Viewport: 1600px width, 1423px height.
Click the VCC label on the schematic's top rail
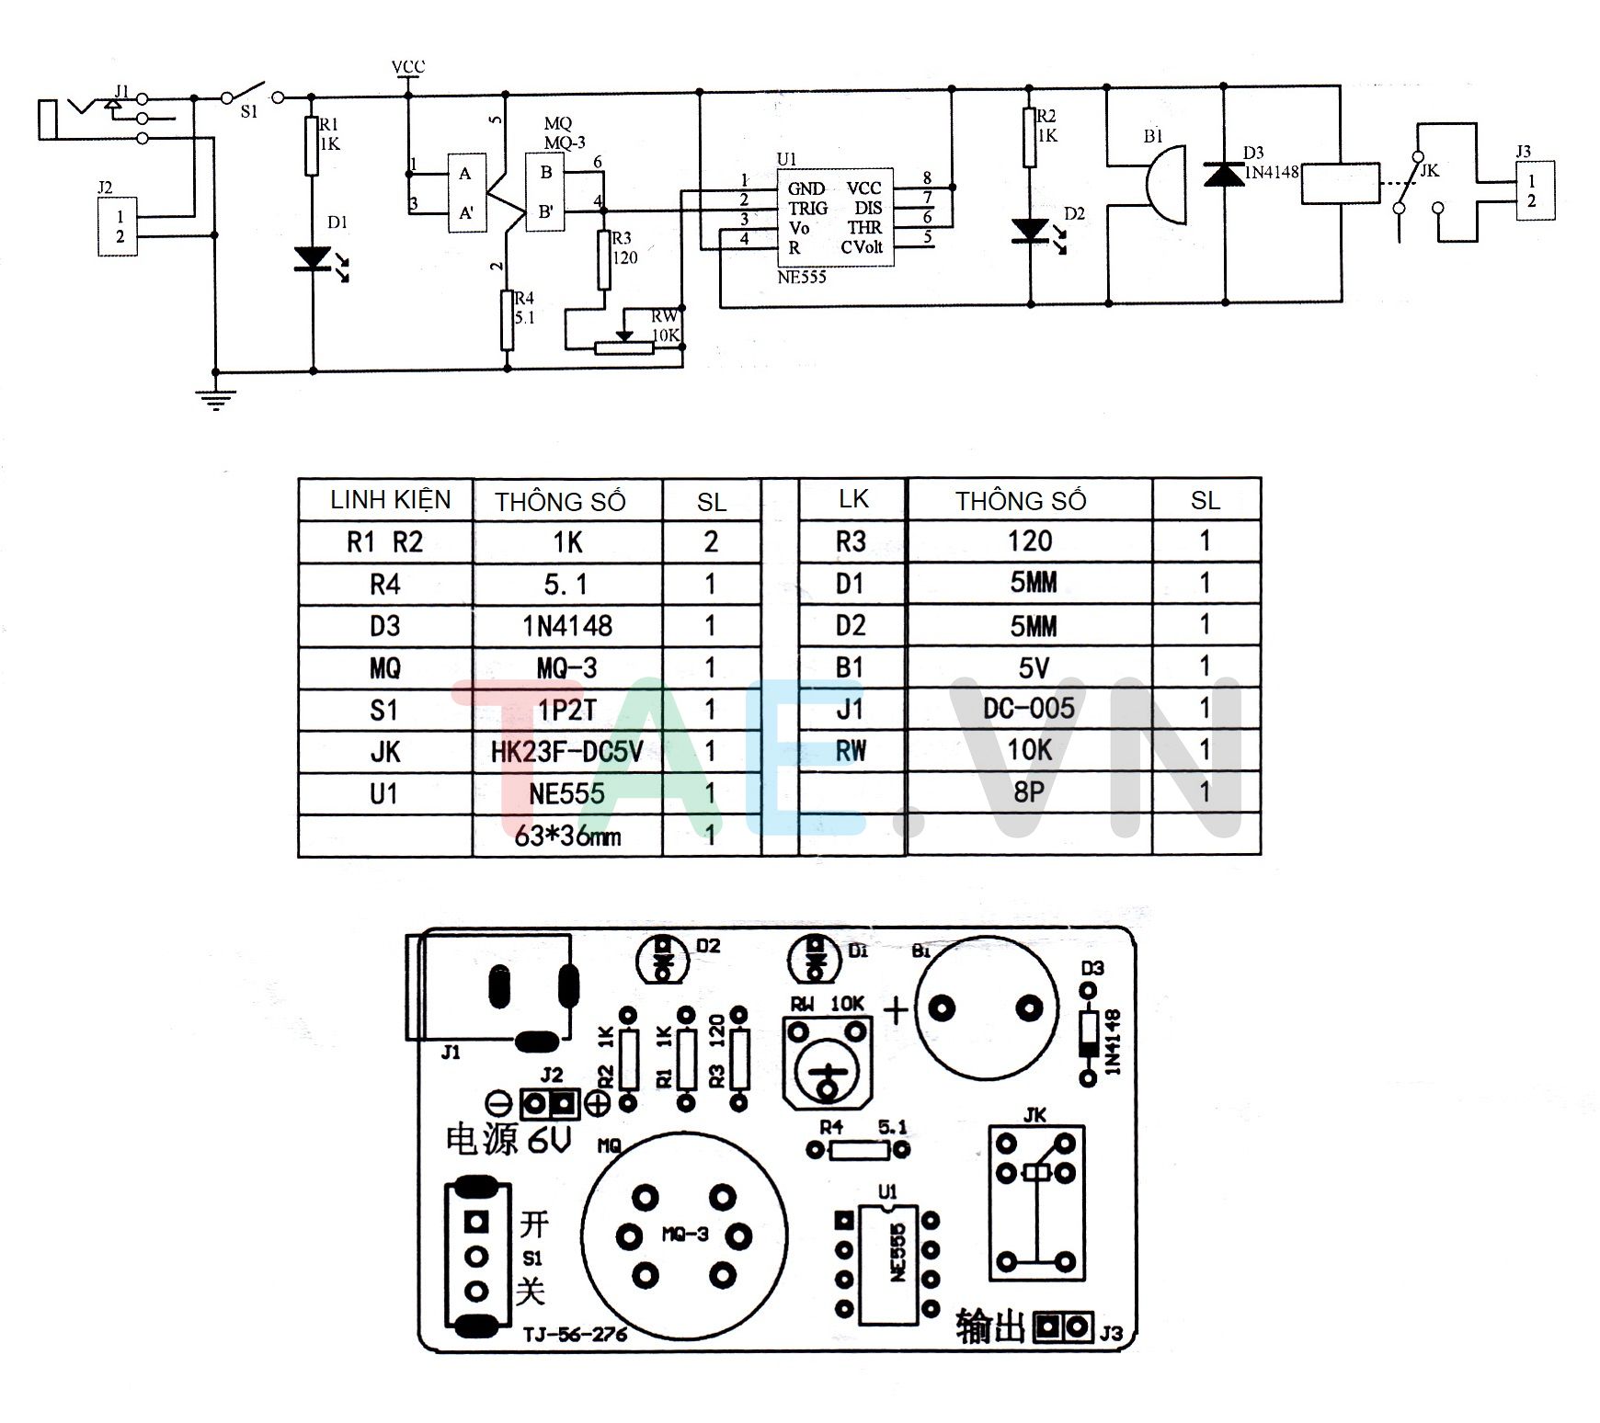(x=408, y=67)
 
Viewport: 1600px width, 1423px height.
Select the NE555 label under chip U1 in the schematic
(x=801, y=277)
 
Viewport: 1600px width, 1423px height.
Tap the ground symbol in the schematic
(x=215, y=397)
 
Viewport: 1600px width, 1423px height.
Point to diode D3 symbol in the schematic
(x=1225, y=174)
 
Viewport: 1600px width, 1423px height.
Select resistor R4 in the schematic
(x=507, y=320)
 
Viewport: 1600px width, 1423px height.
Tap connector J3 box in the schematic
(x=1535, y=190)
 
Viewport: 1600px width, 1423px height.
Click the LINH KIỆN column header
(x=390, y=500)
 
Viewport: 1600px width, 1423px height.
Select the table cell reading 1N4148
(x=567, y=626)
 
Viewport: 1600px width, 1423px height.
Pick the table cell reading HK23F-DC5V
(x=567, y=752)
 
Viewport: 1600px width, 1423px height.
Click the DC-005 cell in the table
(x=1028, y=708)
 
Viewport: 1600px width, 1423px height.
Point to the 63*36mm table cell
(x=567, y=837)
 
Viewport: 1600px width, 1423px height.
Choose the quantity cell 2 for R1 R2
(x=711, y=541)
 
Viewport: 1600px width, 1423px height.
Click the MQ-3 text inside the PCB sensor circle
(x=685, y=1234)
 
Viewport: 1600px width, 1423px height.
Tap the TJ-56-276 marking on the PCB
(x=575, y=1334)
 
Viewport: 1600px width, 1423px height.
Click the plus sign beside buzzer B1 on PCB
(x=895, y=1010)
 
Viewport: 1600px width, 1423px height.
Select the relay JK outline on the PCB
(x=1036, y=1202)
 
